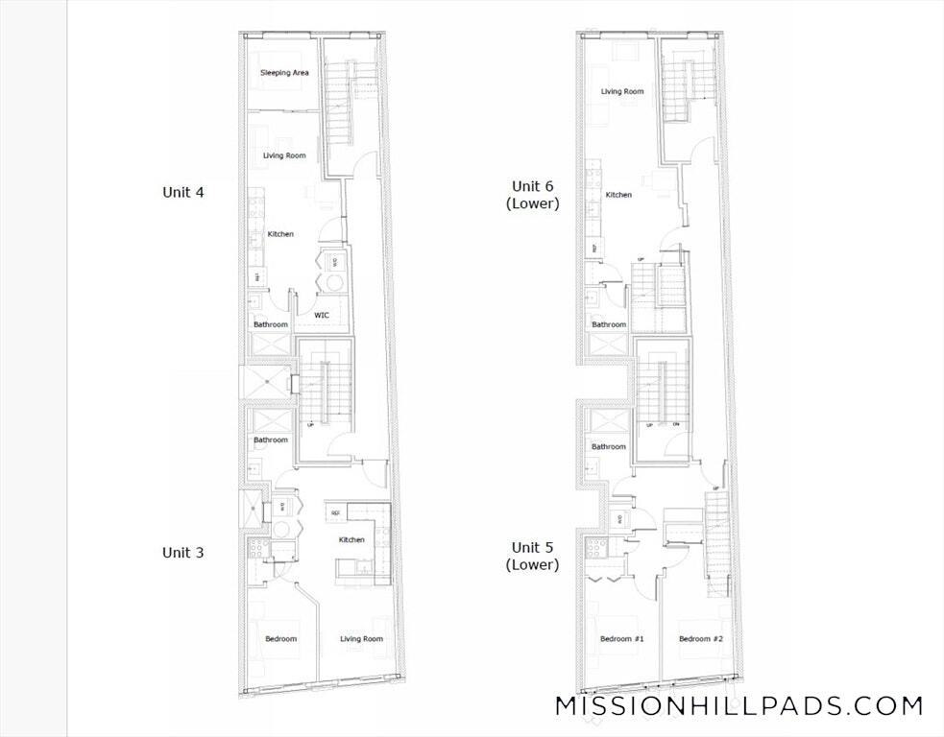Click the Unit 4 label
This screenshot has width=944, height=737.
click(182, 192)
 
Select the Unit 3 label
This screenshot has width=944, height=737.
click(182, 553)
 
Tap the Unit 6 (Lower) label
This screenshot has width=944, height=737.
click(535, 195)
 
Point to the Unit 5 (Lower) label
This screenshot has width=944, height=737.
click(535, 556)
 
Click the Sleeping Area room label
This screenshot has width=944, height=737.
click(284, 73)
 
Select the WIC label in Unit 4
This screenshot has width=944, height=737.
click(322, 315)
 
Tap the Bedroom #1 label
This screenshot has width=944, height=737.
click(621, 639)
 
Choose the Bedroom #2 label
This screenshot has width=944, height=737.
click(700, 639)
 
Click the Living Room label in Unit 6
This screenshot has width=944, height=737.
click(622, 92)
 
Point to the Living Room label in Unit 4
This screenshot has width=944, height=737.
click(284, 155)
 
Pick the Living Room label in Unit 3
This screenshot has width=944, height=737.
click(361, 639)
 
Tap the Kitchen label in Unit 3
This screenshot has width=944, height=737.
click(351, 540)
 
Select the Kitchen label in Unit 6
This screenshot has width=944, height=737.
click(618, 195)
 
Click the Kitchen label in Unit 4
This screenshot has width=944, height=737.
click(280, 234)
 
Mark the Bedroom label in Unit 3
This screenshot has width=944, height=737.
click(281, 639)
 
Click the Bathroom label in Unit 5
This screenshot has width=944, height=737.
click(609, 447)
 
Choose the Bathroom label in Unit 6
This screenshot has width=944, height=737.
click(609, 325)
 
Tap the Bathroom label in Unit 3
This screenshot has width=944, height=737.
click(271, 440)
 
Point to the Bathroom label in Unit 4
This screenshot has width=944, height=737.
click(271, 325)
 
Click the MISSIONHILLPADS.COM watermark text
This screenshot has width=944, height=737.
click(739, 706)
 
